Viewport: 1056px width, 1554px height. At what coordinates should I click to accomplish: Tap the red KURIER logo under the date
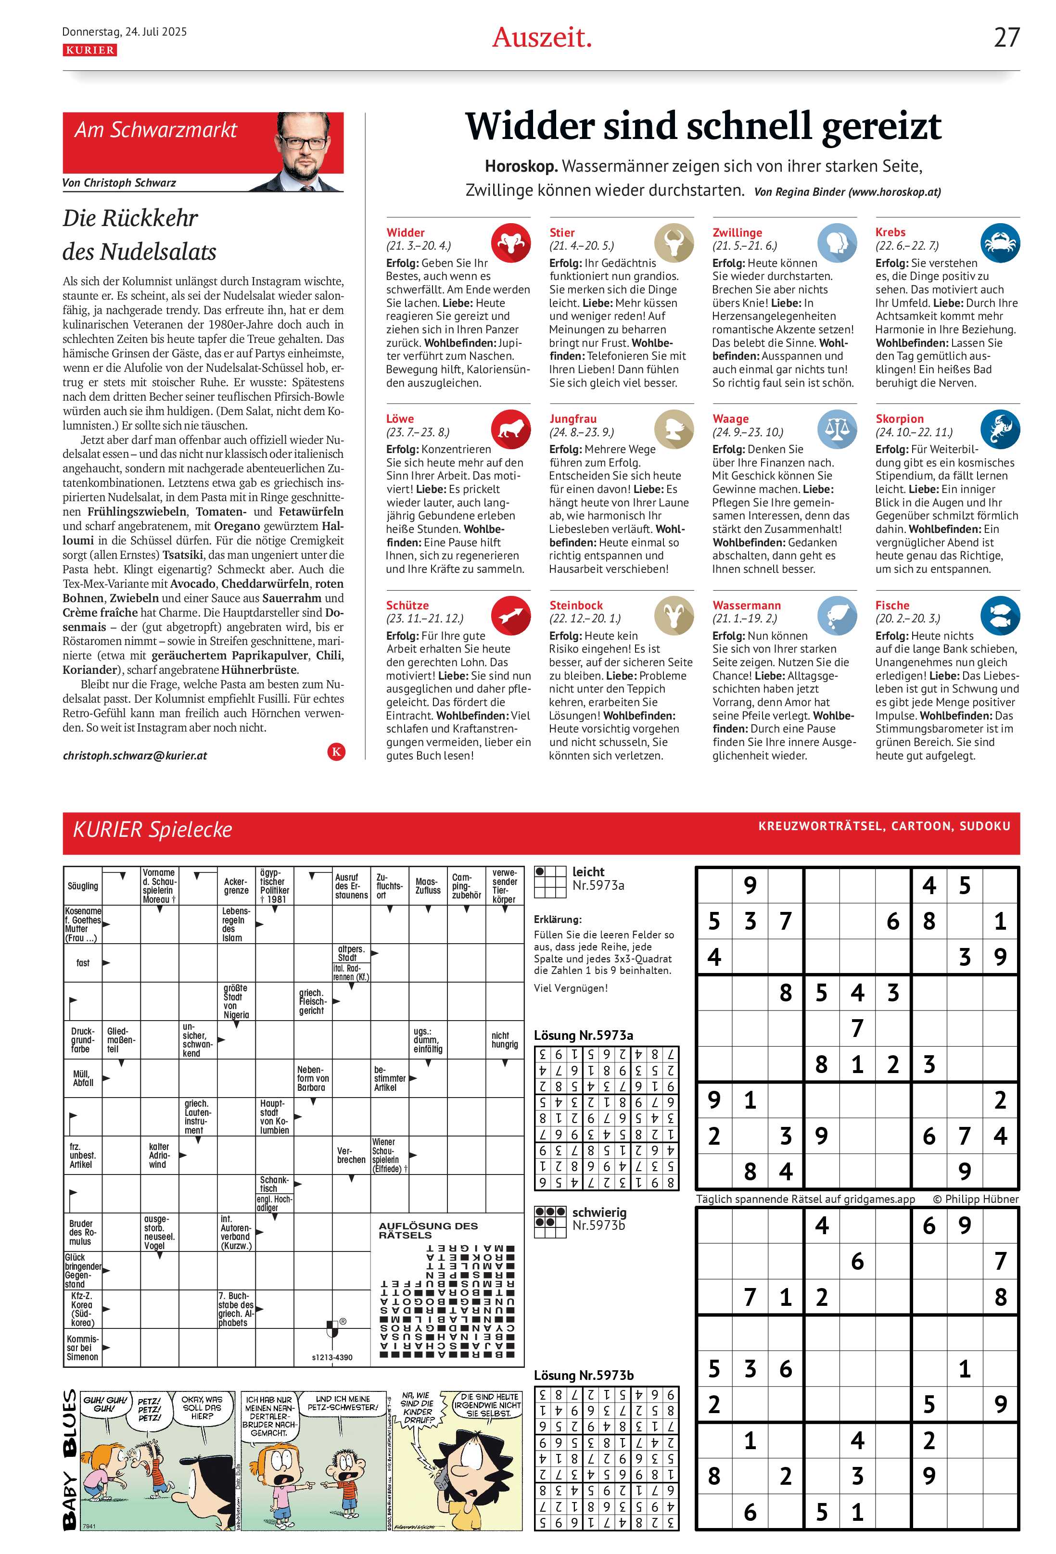click(x=89, y=50)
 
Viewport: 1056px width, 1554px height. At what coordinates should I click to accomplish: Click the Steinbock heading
click(x=576, y=605)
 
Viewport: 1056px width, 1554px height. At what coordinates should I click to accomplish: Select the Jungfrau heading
click(x=573, y=418)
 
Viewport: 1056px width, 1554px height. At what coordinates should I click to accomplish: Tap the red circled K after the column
click(x=336, y=752)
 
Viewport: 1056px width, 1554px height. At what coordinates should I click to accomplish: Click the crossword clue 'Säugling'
click(x=83, y=886)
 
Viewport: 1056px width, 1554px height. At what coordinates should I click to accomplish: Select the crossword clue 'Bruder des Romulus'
click(x=82, y=1232)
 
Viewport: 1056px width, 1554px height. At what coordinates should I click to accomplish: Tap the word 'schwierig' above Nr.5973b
click(x=599, y=1213)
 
